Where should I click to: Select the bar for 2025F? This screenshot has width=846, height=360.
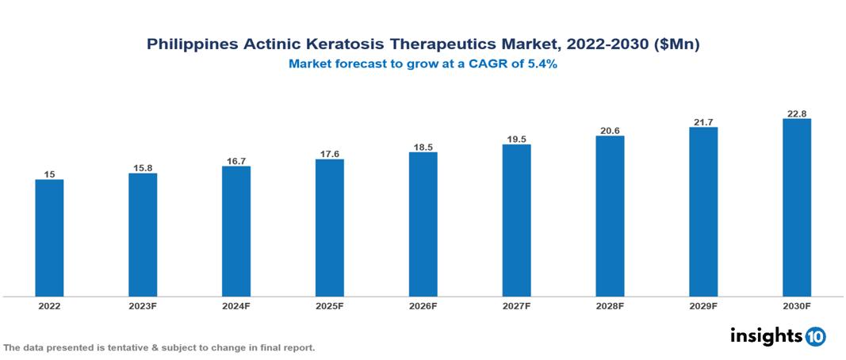(x=329, y=228)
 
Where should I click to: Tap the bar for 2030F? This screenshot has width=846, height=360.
(x=796, y=208)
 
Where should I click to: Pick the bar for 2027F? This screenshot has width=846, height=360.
(x=516, y=220)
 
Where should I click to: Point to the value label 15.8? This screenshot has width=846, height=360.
(x=143, y=167)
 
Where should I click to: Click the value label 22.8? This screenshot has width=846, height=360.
(x=796, y=113)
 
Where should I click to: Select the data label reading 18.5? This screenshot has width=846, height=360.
(x=423, y=147)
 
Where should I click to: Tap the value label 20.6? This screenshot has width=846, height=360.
(x=610, y=130)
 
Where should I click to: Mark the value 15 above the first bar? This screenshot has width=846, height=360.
(x=49, y=174)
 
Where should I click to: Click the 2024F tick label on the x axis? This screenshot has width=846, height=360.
(x=236, y=305)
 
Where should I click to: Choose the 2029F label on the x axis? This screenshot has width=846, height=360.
(x=703, y=305)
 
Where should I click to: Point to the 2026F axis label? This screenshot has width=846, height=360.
(x=423, y=305)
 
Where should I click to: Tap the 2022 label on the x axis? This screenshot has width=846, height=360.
(x=49, y=305)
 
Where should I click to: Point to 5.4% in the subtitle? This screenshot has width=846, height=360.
(x=542, y=65)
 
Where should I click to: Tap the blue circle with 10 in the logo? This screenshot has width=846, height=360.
(x=815, y=336)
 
